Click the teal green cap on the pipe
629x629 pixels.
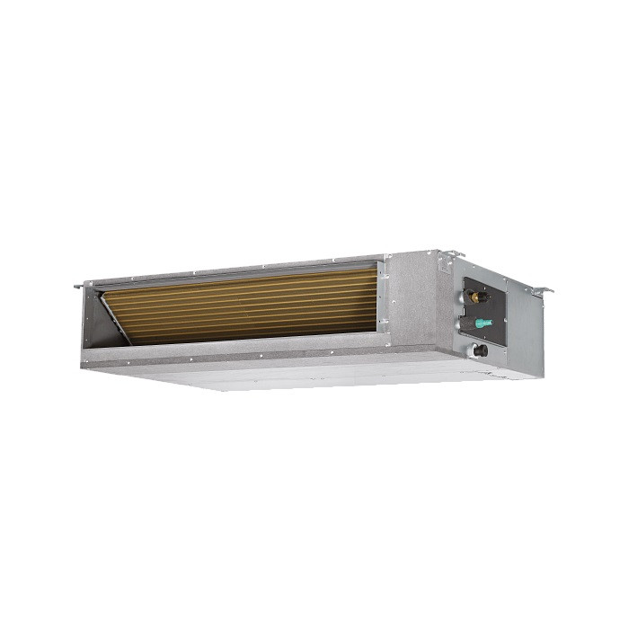point(485,321)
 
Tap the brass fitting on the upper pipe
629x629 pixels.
point(475,293)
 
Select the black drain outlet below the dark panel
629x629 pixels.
point(481,350)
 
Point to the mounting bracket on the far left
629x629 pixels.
point(79,287)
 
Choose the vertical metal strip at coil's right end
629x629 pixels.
point(382,297)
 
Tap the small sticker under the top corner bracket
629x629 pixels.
point(445,270)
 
